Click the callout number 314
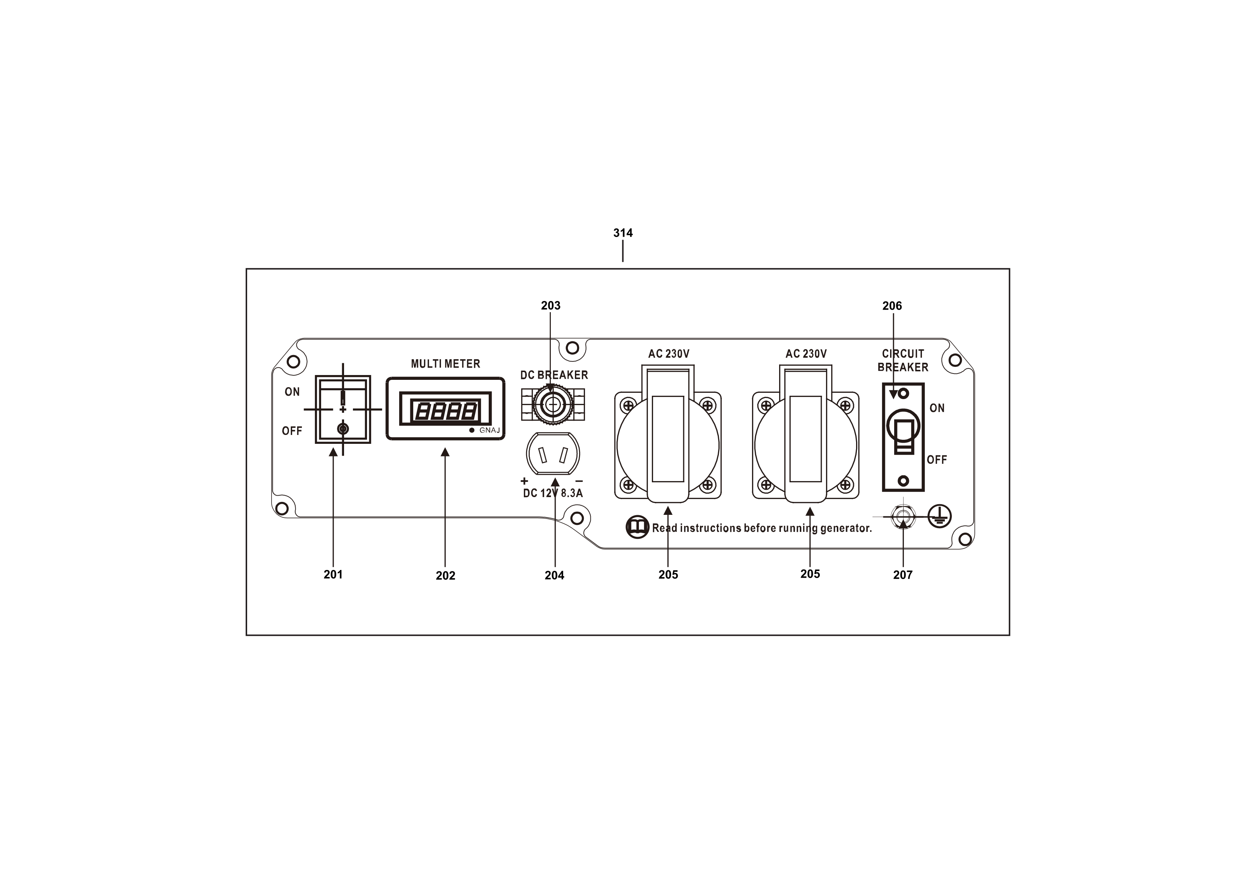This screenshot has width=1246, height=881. coord(623,233)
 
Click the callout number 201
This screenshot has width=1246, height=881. coord(333,574)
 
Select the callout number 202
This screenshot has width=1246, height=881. coord(445,575)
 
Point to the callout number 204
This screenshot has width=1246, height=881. coord(554,575)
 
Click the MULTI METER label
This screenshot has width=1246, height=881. coord(445,364)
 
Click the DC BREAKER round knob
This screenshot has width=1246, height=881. coord(553,404)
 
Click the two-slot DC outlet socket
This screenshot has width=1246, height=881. coord(553,455)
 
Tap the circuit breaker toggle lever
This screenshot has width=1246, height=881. coord(903,431)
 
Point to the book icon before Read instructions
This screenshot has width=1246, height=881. coord(638,527)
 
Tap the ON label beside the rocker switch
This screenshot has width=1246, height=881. coord(292,392)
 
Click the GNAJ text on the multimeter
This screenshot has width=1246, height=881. coord(489,430)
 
